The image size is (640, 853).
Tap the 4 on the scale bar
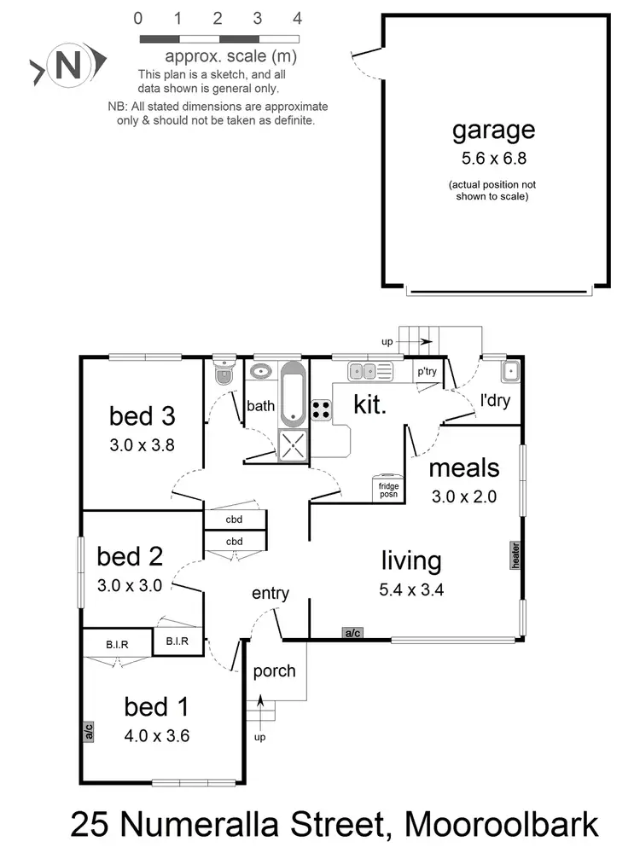click(297, 18)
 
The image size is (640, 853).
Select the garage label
click(493, 130)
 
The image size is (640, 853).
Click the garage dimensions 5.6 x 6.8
click(493, 158)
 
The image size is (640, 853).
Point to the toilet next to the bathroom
click(224, 373)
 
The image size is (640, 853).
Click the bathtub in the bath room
click(293, 394)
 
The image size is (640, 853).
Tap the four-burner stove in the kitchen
click(321, 409)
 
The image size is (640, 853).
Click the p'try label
click(426, 372)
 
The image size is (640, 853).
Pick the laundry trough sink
click(510, 371)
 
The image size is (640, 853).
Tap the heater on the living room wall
click(516, 554)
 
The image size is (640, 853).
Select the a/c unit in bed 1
click(88, 731)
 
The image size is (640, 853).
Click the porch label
click(274, 670)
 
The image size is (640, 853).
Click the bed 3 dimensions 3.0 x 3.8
click(142, 444)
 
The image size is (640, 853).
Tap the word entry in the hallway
click(271, 594)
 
